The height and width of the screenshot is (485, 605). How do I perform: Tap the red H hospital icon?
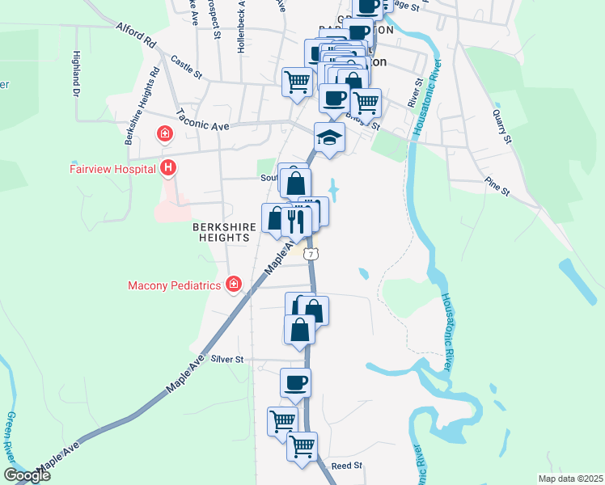(168, 168)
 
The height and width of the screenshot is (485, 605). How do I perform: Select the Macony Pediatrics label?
(174, 285)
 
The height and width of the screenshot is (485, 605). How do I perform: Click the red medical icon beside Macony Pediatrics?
(234, 284)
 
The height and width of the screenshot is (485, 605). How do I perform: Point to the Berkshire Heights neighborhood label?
(225, 234)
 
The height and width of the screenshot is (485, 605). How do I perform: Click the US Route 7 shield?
(312, 254)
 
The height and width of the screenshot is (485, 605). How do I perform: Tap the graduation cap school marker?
(329, 137)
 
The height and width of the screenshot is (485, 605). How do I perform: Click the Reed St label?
(346, 466)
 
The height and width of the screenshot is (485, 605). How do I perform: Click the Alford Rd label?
(134, 35)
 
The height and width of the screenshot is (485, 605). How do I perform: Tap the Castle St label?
(186, 67)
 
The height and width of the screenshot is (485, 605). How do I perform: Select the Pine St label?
(497, 187)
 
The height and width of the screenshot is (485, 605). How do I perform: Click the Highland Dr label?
(77, 71)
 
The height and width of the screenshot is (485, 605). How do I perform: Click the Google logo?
(26, 475)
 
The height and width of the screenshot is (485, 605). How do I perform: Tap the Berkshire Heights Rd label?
(140, 102)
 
